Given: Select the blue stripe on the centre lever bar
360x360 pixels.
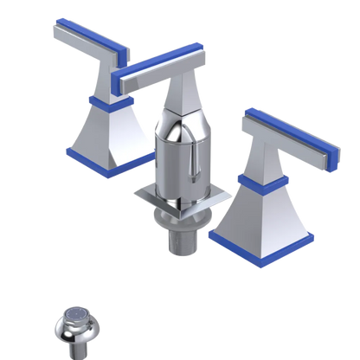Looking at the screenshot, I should click(160, 67).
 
